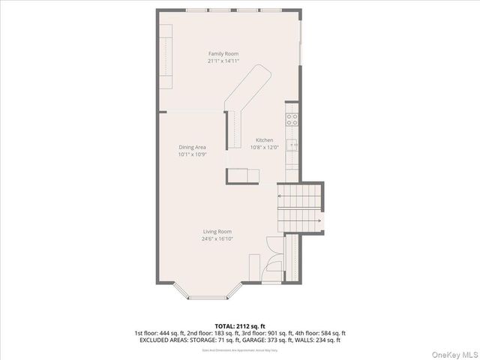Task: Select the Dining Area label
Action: [192, 147]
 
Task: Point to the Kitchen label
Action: [264, 140]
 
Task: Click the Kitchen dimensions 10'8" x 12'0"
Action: [264, 148]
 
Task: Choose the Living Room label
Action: [216, 232]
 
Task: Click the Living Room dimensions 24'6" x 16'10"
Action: [216, 240]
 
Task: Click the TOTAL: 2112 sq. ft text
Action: [239, 325]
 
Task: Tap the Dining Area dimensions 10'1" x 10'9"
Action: [192, 155]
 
